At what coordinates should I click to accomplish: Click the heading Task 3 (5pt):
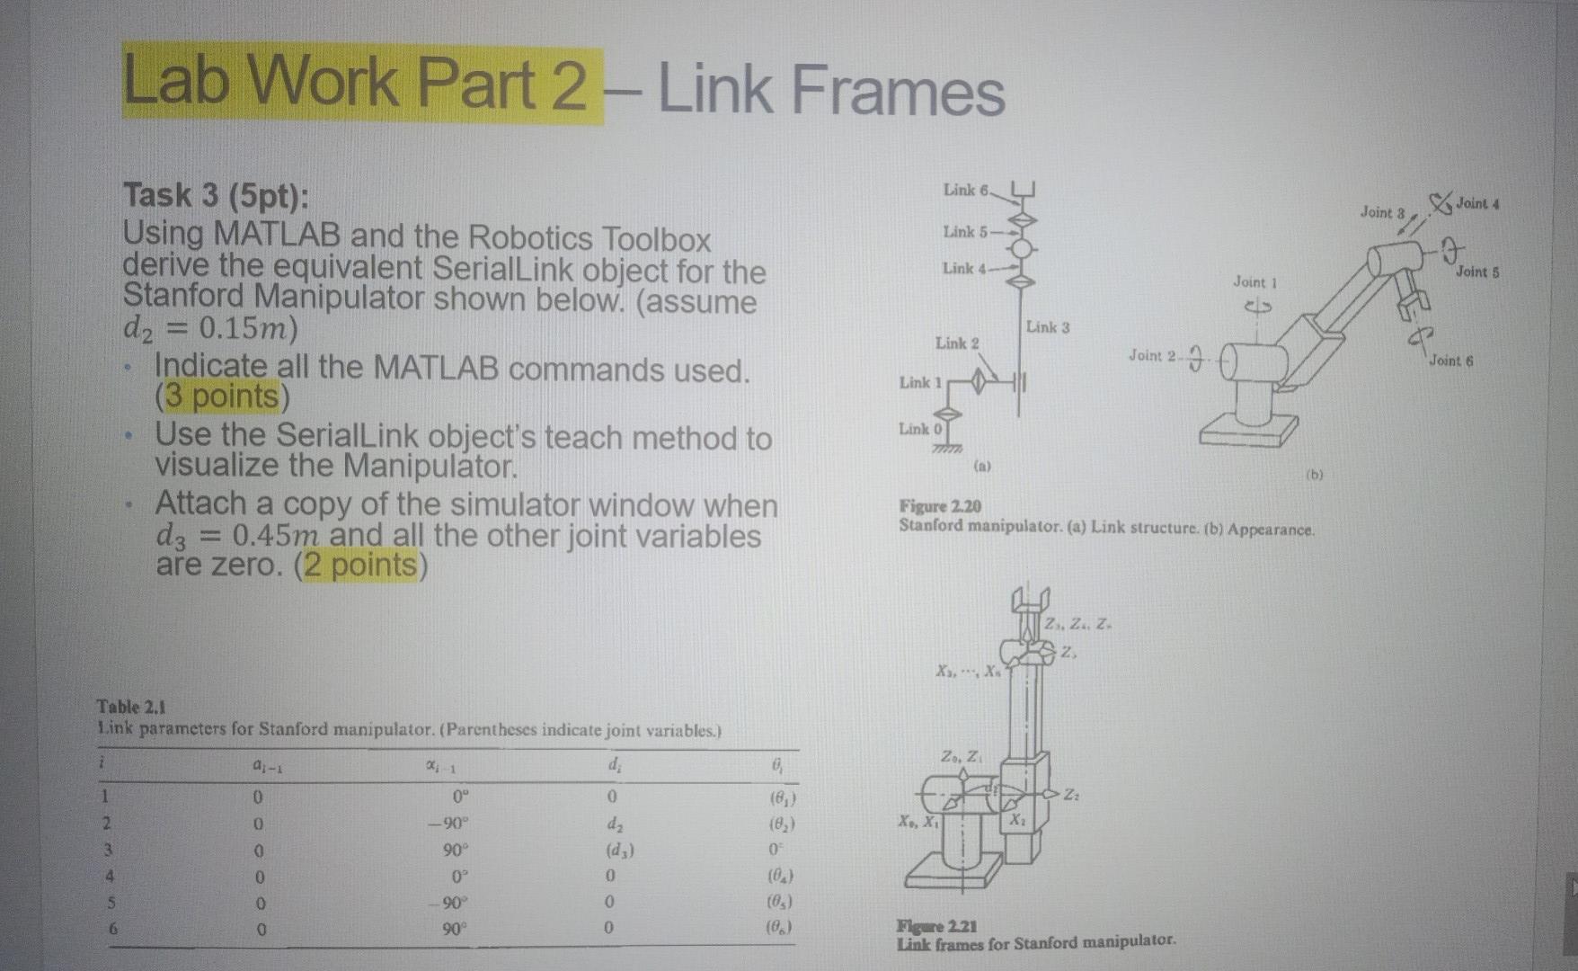point(215,195)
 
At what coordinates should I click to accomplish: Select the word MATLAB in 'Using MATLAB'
point(277,236)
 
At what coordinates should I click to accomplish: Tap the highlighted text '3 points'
point(221,396)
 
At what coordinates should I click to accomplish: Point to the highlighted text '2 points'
point(360,566)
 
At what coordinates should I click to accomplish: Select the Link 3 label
point(1048,327)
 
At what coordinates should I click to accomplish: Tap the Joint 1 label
point(1254,282)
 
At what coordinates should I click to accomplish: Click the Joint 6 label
point(1450,361)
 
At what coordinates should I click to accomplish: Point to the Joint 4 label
point(1476,203)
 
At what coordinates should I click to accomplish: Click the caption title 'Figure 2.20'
point(940,506)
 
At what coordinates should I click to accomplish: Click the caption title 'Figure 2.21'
point(936,926)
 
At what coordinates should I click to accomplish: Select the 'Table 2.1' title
point(131,707)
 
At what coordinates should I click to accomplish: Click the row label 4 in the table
point(110,877)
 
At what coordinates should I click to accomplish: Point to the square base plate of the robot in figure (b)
point(1248,432)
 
